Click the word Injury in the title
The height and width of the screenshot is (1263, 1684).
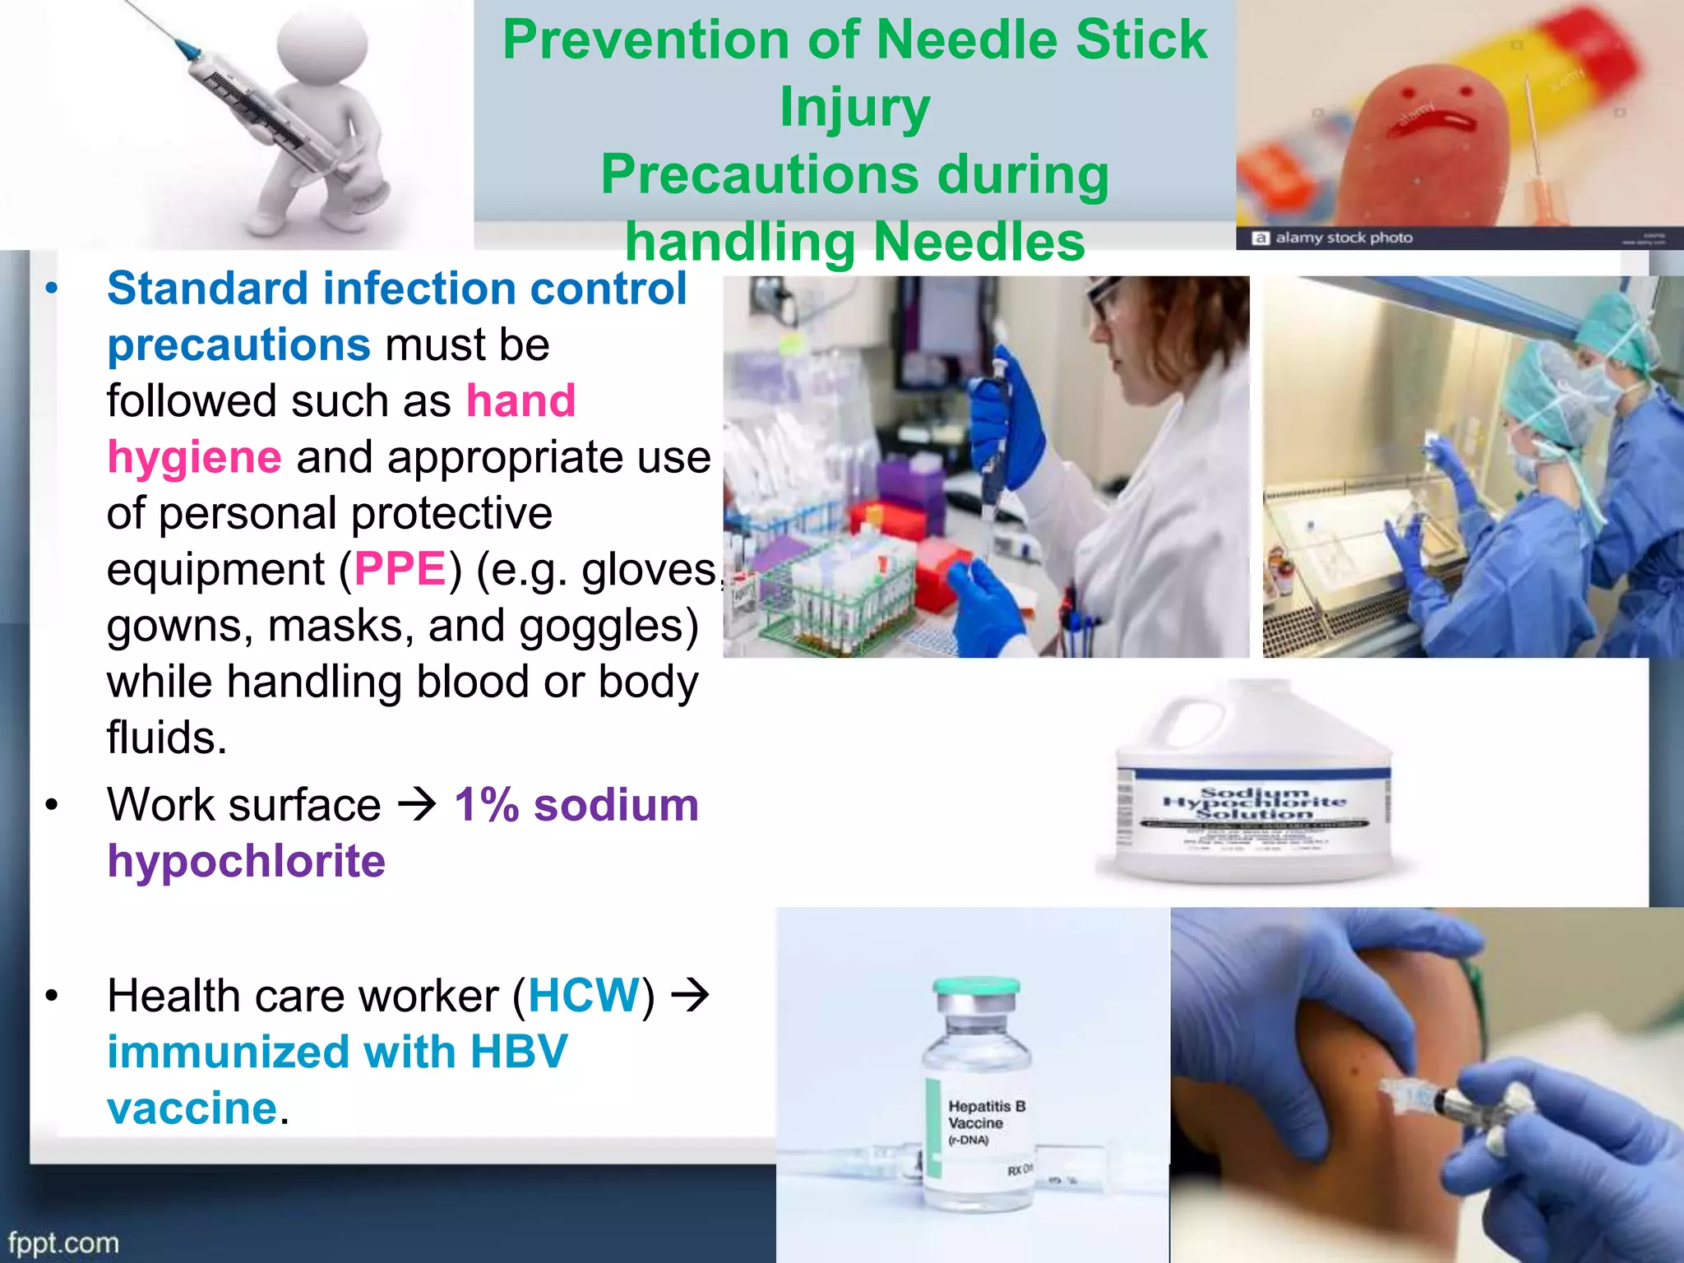click(854, 109)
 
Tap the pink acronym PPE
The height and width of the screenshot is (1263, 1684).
click(400, 569)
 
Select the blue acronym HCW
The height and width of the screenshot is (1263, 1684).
click(584, 996)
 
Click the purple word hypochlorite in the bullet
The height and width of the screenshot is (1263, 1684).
click(246, 862)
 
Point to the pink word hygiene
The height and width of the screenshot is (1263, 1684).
click(195, 457)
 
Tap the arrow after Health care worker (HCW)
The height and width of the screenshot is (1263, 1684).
click(690, 996)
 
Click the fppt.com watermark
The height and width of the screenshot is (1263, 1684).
click(63, 1242)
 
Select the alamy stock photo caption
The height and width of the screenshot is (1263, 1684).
click(1343, 238)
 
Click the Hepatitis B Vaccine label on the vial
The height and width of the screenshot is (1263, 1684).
click(985, 1116)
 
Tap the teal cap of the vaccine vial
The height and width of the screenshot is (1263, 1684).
click(976, 987)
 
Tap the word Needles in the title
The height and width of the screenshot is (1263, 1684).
click(978, 243)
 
